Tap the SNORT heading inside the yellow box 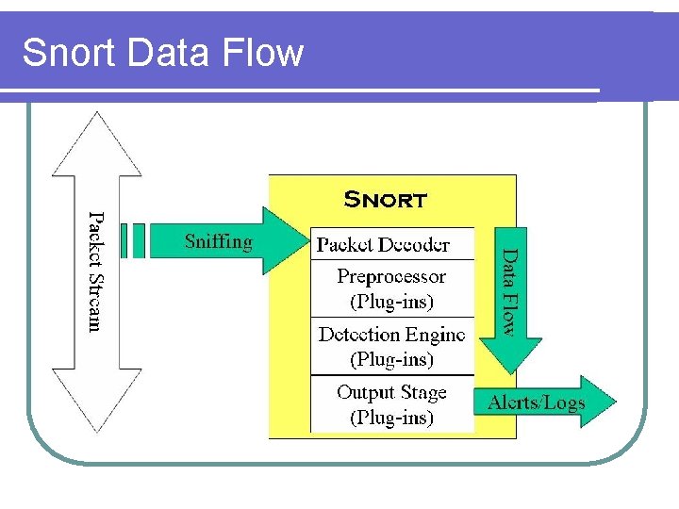coord(385,200)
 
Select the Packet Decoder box coord(391,244)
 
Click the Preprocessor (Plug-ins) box coord(391,289)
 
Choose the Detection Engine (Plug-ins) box coord(391,346)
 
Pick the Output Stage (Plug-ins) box coord(391,404)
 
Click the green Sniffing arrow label coord(219,241)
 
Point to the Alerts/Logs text coord(536,403)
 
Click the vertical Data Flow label coord(508,291)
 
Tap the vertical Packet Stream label coord(95,271)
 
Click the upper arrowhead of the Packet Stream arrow coord(97,141)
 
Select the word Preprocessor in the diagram coord(391,277)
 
